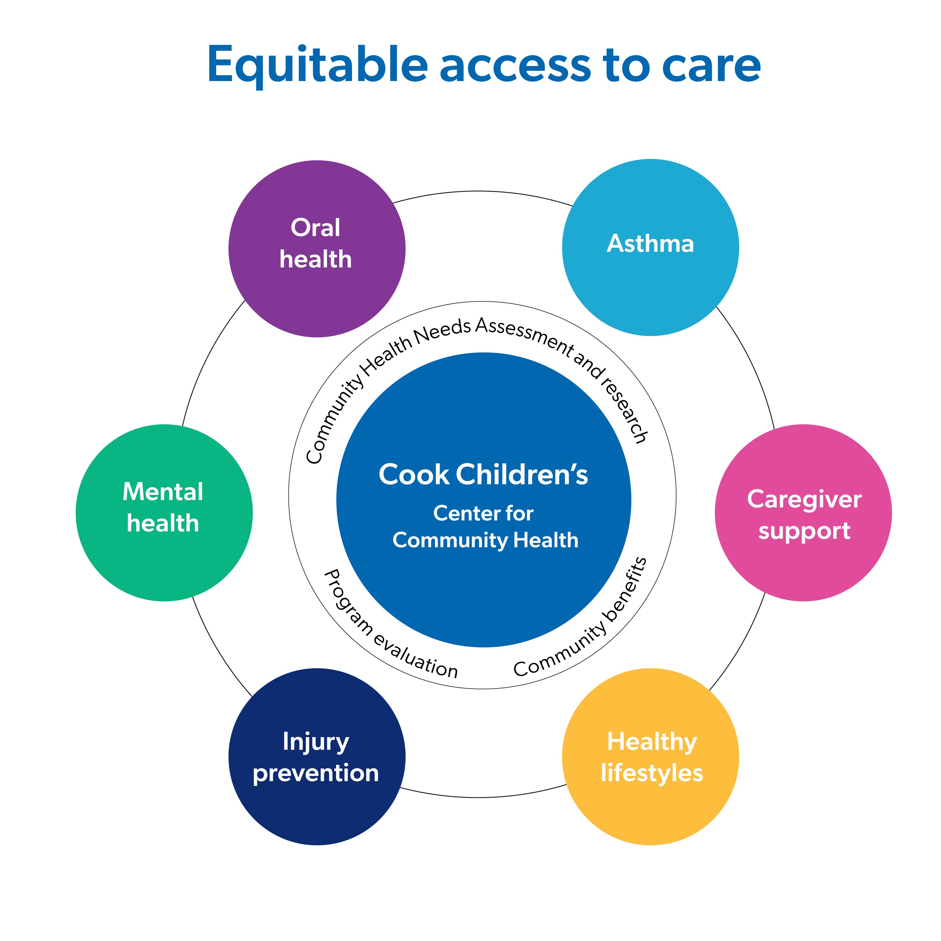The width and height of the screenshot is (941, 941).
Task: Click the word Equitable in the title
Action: pos(317,66)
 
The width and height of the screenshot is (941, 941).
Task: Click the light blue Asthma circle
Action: pos(650,247)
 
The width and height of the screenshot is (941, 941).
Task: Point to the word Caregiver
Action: pos(804,500)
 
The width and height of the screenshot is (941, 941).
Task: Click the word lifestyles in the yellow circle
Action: pos(652,773)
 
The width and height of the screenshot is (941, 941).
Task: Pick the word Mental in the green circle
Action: pos(163,491)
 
